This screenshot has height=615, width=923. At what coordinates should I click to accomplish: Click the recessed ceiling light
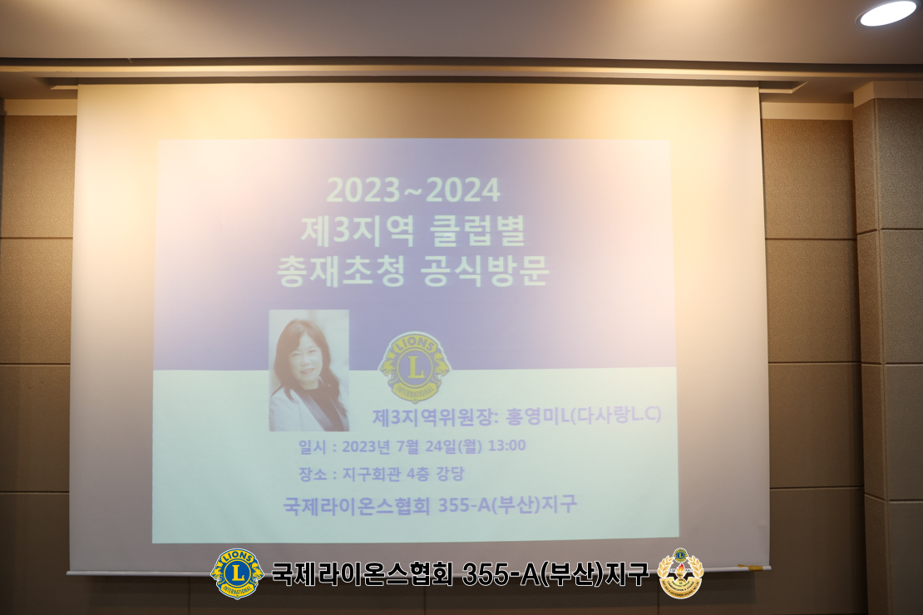pos(887,12)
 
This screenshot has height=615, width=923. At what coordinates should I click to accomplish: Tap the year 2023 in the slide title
pos(363,190)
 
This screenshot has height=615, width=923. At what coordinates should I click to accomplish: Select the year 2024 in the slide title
pos(462,190)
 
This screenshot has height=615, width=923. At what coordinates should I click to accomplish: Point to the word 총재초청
pos(340,271)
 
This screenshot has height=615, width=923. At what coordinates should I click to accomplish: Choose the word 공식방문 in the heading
pos(485,271)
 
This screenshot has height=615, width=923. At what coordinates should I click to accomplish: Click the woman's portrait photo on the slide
pos(308,370)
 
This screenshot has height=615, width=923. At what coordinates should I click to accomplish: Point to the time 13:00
pos(507,445)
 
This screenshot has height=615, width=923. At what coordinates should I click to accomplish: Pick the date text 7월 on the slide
pos(408,446)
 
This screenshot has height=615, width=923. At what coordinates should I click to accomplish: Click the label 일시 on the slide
pos(312,446)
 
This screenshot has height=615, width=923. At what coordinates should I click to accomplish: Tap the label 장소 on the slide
pos(312,474)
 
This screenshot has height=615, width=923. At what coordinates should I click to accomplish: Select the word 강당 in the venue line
pos(450,473)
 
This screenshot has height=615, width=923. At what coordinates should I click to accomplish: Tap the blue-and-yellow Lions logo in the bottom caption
pos(237,573)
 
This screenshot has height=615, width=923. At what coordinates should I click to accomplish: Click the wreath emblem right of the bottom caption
pos(680,573)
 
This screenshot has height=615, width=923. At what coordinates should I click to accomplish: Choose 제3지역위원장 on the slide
pos(436,416)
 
